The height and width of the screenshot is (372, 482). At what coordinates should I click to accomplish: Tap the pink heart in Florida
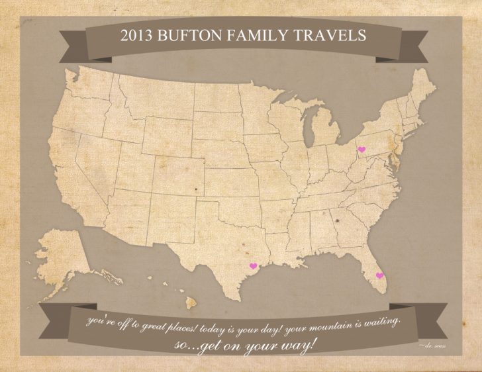coord(379,275)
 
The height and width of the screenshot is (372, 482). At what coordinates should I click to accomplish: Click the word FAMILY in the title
coord(272,35)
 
